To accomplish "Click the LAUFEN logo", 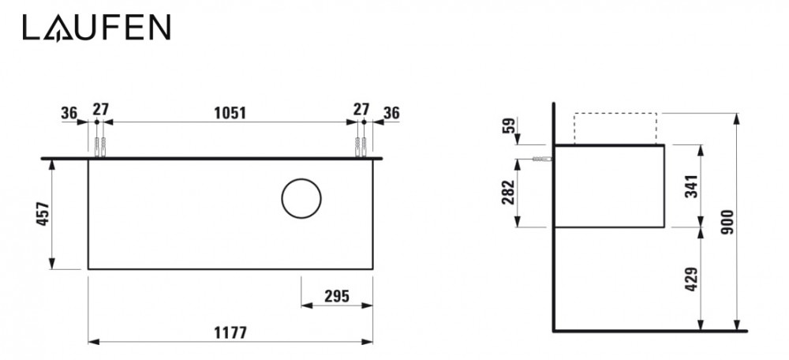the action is [x=96, y=29].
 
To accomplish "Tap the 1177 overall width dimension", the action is [x=230, y=332].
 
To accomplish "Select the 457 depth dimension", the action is [x=43, y=214].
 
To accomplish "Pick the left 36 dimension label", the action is [x=69, y=112].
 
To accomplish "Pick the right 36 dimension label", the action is [x=391, y=112].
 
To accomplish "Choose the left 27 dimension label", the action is [x=99, y=110].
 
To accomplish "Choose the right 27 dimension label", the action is [x=361, y=110].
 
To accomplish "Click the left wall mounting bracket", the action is [x=99, y=148].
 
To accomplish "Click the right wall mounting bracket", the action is [x=361, y=148].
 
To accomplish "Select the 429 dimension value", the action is [x=690, y=279].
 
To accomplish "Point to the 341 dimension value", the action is [x=690, y=186].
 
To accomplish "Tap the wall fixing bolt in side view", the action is [x=543, y=159].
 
